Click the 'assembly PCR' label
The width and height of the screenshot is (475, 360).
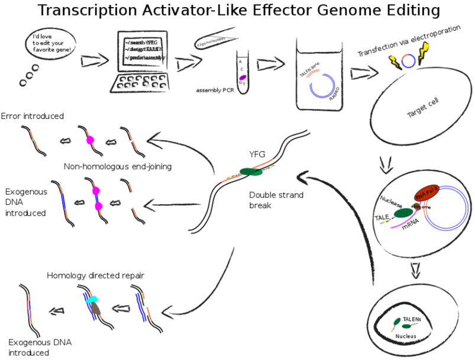click(214, 91)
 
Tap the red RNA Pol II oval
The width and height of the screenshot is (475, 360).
click(427, 192)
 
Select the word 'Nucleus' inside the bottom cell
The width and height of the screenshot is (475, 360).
click(406, 336)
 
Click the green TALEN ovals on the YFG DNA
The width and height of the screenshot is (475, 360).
click(251, 172)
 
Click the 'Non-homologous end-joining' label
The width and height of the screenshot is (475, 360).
click(118, 166)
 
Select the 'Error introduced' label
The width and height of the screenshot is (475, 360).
click(32, 116)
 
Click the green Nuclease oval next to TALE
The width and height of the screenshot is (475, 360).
click(403, 213)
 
